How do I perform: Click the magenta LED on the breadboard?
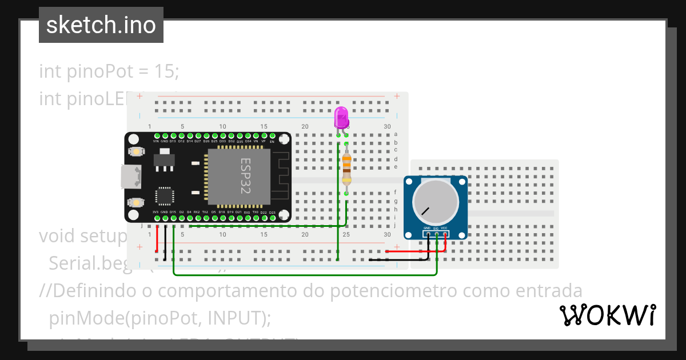click(x=341, y=117)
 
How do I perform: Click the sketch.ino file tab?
click(x=101, y=25)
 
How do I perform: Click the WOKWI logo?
click(x=607, y=315)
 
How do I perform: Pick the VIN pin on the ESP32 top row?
click(x=156, y=136)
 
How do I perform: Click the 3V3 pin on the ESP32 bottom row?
click(x=156, y=217)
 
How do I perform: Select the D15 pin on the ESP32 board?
click(x=173, y=217)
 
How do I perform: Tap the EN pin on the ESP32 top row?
click(x=272, y=136)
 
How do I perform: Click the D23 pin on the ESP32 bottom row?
click(x=272, y=217)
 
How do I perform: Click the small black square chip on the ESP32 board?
click(x=165, y=196)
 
